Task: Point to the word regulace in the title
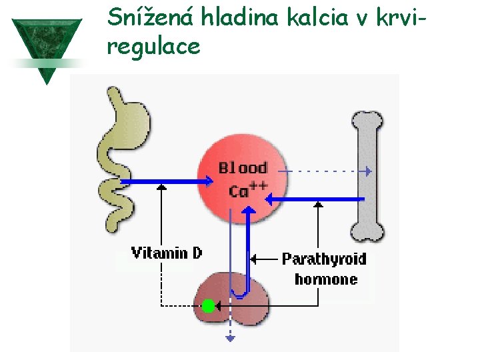point(153,47)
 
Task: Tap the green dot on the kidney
point(208,306)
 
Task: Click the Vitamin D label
point(166,253)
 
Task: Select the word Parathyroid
point(324,259)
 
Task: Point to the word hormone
point(325,279)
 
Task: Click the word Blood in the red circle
point(243,169)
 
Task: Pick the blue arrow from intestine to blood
point(167,181)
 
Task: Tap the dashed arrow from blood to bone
point(327,171)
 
